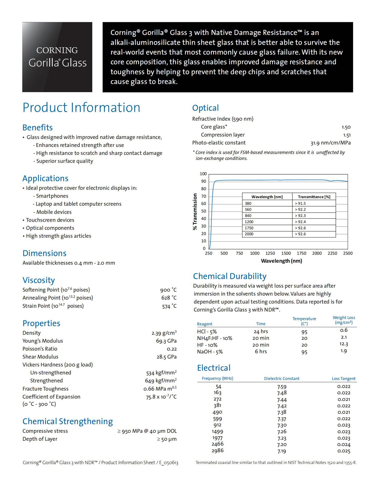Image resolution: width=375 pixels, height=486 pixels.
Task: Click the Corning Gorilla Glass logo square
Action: click(x=57, y=57)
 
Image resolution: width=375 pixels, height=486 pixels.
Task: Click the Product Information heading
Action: click(x=81, y=108)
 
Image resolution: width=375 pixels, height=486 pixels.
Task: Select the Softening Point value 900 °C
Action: click(x=168, y=290)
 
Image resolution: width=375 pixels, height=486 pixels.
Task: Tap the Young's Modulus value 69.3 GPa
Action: click(x=166, y=341)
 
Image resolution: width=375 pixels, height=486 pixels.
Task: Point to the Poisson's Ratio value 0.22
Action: click(x=171, y=349)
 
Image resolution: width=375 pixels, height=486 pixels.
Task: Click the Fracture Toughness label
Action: click(x=45, y=389)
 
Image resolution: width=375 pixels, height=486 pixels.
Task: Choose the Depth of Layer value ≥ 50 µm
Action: click(x=167, y=439)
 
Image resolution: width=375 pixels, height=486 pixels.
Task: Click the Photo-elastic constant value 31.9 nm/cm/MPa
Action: click(x=330, y=143)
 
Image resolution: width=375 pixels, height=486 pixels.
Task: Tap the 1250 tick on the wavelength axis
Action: click(x=270, y=253)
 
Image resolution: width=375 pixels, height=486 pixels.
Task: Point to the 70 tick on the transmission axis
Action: click(x=204, y=196)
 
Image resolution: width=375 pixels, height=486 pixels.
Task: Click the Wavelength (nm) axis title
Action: click(x=281, y=261)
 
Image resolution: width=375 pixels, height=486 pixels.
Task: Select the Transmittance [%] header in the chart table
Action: click(x=314, y=197)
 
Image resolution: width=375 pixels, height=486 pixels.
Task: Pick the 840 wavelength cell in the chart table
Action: click(x=248, y=216)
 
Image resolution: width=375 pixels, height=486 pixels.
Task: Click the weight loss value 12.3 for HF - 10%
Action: click(x=343, y=344)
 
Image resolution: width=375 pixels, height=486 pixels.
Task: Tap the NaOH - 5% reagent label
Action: click(x=210, y=352)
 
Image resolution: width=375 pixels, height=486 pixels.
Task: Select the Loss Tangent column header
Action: click(x=343, y=378)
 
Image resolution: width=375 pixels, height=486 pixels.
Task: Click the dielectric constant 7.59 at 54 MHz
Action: click(x=282, y=387)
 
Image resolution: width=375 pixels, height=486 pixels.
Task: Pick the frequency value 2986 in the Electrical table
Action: click(x=217, y=451)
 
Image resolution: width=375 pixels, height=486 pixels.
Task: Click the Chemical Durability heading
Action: click(x=230, y=276)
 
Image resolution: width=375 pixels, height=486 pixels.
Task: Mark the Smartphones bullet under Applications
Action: click(x=52, y=196)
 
